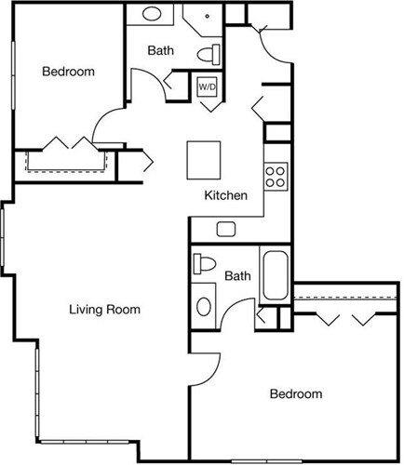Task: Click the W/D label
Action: (x=207, y=86)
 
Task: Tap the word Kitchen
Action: (x=226, y=196)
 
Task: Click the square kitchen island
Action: (x=204, y=159)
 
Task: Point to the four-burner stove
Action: (x=276, y=176)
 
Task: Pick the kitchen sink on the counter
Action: (x=226, y=229)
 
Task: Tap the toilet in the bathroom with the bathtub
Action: (x=201, y=262)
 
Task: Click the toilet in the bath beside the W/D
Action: (x=210, y=52)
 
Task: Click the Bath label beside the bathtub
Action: (x=238, y=276)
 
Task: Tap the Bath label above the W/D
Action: (x=161, y=50)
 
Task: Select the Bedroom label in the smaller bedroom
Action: (x=68, y=72)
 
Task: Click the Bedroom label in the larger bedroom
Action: (x=296, y=394)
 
